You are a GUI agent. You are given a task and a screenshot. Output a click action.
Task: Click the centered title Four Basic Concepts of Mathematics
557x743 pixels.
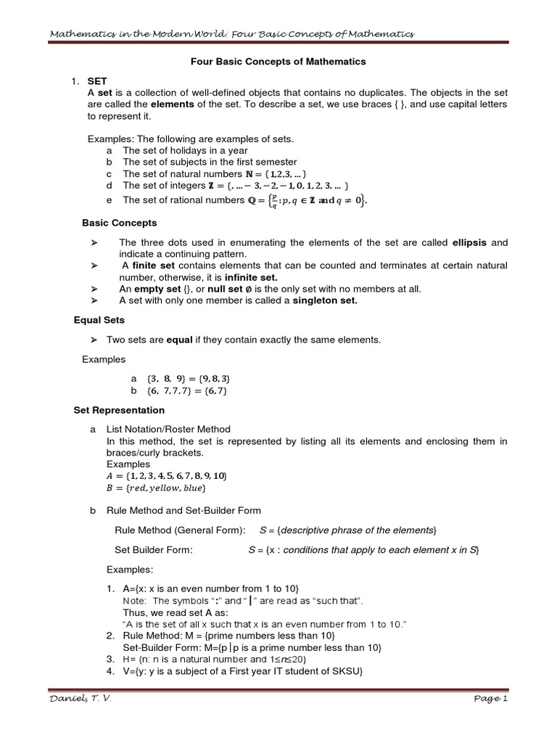(278, 62)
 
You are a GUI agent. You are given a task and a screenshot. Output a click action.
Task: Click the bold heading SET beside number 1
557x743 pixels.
(96, 82)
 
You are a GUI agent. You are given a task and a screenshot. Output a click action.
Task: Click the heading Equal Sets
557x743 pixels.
(99, 319)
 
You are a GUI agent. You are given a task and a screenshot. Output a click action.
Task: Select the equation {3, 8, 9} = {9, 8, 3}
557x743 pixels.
(189, 379)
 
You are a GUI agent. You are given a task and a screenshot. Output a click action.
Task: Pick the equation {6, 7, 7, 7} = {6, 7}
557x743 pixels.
(187, 391)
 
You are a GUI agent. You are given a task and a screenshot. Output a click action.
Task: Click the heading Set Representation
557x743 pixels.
(120, 410)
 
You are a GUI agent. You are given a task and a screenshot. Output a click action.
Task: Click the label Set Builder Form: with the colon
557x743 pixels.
(154, 550)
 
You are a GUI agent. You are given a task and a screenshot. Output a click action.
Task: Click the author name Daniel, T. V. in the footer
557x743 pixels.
(81, 698)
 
